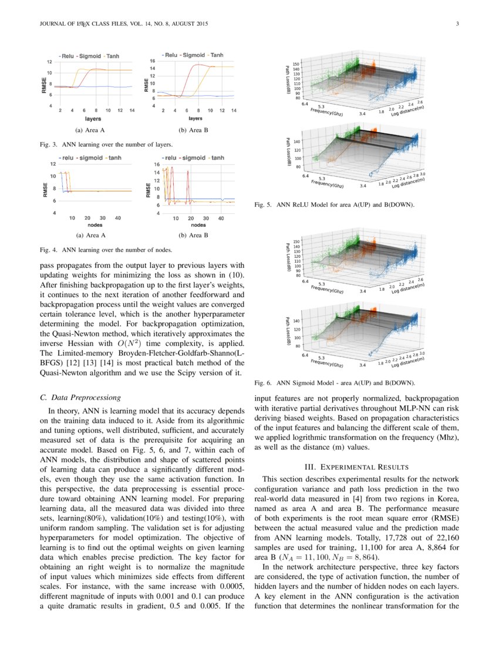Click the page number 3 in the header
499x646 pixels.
click(456, 24)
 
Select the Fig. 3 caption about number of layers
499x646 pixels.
click(106, 143)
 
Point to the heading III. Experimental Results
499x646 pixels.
click(356, 466)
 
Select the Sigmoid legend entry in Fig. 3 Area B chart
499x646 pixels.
click(193, 55)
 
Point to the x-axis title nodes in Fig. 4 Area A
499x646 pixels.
click(95, 225)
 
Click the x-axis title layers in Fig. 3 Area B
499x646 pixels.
click(195, 118)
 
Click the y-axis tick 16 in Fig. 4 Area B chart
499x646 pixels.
click(157, 164)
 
